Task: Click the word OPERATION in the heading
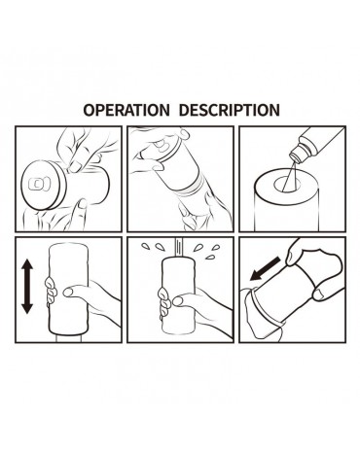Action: point(126,110)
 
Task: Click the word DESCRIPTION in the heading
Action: point(230,110)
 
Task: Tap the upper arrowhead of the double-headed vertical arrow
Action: point(27,266)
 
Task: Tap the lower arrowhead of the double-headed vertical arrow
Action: point(27,306)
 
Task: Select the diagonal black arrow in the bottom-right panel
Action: point(266,268)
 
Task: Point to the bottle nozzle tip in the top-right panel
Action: point(295,157)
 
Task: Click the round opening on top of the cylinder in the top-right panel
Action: point(287,185)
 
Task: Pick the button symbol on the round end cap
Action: point(39,184)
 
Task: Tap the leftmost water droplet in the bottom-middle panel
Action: point(145,246)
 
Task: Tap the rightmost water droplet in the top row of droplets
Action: point(216,247)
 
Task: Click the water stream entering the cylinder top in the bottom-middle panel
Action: point(179,247)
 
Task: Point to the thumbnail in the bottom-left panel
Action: point(68,293)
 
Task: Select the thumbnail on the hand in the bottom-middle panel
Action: point(178,301)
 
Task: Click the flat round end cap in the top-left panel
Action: point(44,185)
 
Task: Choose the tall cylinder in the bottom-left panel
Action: point(67,290)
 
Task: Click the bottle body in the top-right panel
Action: point(321,143)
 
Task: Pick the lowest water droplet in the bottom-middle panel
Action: point(211,258)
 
